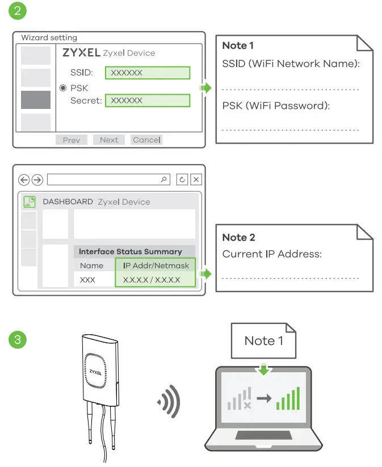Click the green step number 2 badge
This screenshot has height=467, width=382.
(x=18, y=11)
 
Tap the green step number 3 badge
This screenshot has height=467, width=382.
(x=18, y=340)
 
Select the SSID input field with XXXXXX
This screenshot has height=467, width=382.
(x=147, y=73)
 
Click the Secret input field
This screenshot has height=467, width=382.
(x=147, y=100)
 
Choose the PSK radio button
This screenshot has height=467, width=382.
(x=64, y=88)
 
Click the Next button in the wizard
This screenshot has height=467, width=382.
(x=109, y=140)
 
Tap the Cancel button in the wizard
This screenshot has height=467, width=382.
(x=146, y=140)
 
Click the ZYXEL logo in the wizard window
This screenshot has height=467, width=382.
(x=81, y=53)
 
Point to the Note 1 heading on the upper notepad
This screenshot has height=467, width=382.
(x=238, y=45)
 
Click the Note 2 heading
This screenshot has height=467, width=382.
(x=238, y=237)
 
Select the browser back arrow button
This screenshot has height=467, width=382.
(x=24, y=180)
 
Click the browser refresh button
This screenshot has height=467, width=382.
(x=182, y=180)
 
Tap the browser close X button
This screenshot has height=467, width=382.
(x=196, y=180)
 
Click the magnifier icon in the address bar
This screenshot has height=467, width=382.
(x=164, y=180)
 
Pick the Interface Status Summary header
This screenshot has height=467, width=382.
(x=130, y=251)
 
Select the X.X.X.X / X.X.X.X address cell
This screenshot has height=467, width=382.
(x=152, y=280)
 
